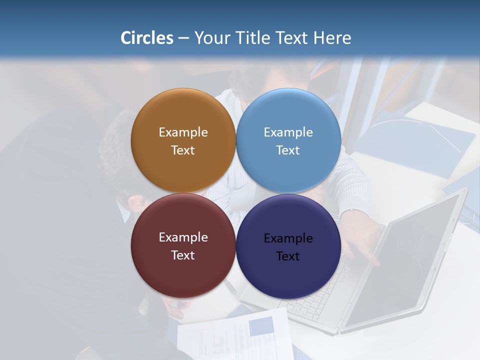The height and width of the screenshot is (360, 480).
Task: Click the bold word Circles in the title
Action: pos(147,38)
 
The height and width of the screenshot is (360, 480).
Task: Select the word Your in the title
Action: pos(212,38)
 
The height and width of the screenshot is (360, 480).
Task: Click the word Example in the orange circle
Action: pos(183,132)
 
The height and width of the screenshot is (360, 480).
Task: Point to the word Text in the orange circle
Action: pos(183,150)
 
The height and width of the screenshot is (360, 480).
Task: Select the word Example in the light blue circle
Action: pos(288,132)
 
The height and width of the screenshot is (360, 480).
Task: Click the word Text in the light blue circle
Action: pos(288,150)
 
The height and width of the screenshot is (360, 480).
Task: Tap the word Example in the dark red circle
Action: pos(183,237)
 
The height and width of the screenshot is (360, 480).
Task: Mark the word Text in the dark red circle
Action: pos(183,255)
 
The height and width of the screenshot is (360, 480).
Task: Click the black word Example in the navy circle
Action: pos(288,238)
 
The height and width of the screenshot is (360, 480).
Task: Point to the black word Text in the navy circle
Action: pos(288,256)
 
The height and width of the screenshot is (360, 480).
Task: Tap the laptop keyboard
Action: pos(320,295)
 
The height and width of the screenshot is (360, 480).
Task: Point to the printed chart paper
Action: pos(235,335)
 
